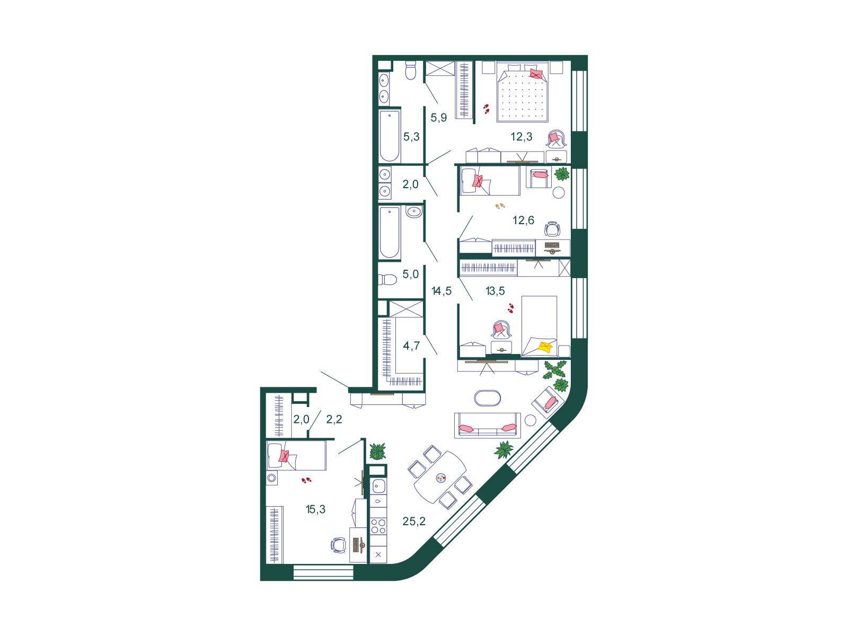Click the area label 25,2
point(414,522)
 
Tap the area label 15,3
point(316,509)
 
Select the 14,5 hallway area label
point(441,291)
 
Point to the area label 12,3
point(522,136)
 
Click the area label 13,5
point(495,291)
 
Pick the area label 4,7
point(411,346)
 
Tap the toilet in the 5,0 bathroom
point(387,279)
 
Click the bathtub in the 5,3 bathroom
point(390,136)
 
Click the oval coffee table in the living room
point(488,398)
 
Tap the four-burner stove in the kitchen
point(378,526)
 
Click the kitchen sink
point(378,486)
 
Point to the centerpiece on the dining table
point(441,479)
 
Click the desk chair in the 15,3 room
point(339,545)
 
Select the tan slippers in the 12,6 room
point(500,206)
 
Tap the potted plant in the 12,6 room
point(562,174)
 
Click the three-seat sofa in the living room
point(487,425)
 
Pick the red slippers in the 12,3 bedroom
point(487,109)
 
